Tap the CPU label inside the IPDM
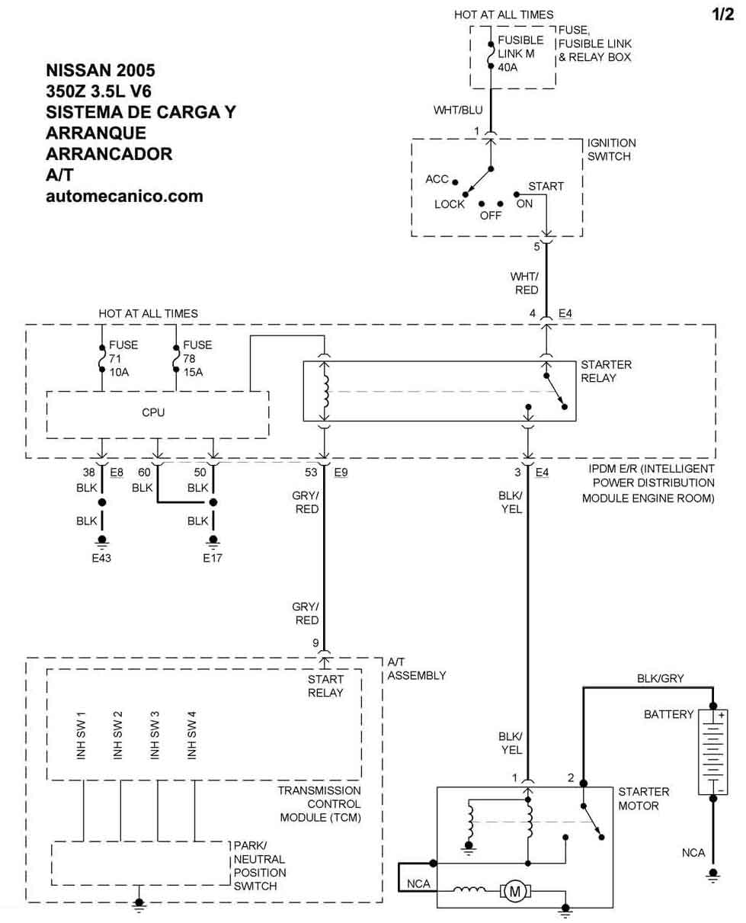(x=153, y=412)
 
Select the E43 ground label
(x=101, y=558)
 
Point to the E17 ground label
(x=213, y=558)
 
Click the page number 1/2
(x=722, y=14)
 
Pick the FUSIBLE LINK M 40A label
(x=520, y=53)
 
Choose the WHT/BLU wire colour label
(x=458, y=110)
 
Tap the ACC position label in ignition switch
(x=437, y=179)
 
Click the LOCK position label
(x=450, y=204)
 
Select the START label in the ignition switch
(x=546, y=186)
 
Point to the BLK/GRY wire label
(x=660, y=678)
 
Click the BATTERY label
(x=668, y=714)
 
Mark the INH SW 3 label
(x=155, y=735)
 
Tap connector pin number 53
(x=311, y=472)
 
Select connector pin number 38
(x=89, y=472)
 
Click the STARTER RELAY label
(x=606, y=371)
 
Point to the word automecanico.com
(x=124, y=196)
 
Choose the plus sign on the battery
(x=721, y=715)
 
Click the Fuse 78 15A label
(x=197, y=358)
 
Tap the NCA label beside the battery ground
(x=693, y=853)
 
